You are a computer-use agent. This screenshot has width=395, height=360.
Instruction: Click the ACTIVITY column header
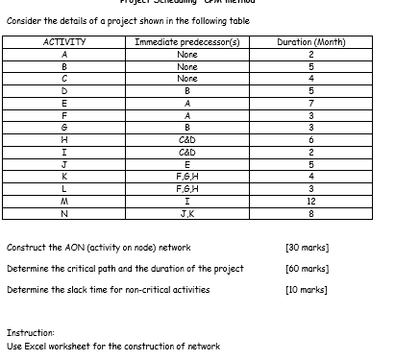[x=65, y=43]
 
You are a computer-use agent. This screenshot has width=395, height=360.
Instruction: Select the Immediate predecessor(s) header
[x=187, y=43]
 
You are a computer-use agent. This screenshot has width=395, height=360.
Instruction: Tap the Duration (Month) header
[x=310, y=43]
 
